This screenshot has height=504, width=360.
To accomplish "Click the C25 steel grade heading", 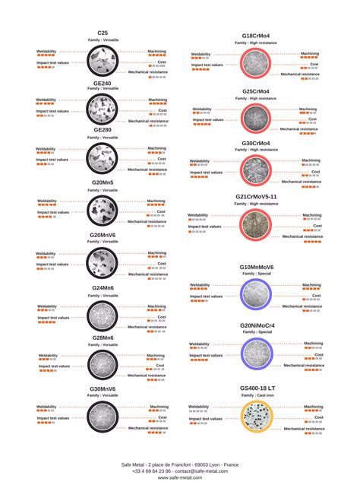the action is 103,33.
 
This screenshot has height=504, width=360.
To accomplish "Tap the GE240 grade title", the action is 103,83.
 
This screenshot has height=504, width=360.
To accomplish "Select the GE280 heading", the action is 103,130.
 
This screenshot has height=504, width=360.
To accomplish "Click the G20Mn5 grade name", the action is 103,182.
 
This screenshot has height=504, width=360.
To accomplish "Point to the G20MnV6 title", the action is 103,235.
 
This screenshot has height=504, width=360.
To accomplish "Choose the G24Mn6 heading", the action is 103,288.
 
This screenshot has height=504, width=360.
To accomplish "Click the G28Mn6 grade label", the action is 103,337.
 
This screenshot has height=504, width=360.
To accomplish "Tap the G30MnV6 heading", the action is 103,388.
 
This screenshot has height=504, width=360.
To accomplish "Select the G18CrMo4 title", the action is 256,36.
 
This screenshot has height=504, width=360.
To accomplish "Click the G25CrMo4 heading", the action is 256,91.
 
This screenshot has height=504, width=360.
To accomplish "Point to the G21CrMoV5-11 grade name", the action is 256,196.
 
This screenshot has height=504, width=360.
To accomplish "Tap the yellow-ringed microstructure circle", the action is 256,418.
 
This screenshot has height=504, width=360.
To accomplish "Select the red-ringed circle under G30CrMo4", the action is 256,172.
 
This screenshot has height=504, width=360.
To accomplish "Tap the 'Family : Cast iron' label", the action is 256,395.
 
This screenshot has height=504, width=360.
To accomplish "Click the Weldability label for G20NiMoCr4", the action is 199,344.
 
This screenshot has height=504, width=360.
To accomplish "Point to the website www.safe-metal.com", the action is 180,477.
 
